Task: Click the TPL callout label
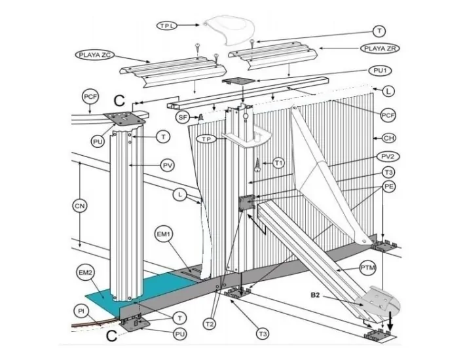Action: [167, 25]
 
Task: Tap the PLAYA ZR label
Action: [381, 48]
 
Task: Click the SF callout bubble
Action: [183, 117]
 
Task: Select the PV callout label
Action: [168, 166]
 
